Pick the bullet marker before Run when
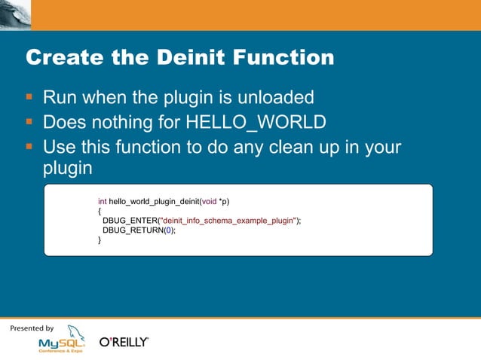[29, 97]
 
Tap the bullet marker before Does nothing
[29, 121]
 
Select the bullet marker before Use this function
[29, 146]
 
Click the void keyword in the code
[209, 201]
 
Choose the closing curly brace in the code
[100, 240]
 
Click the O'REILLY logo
[124, 342]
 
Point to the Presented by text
[32, 328]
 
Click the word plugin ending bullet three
[67, 169]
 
